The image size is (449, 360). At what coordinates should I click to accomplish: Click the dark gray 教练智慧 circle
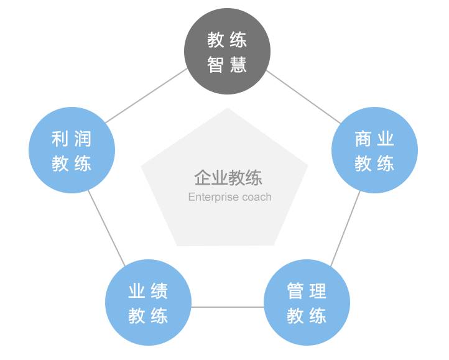(x=228, y=52)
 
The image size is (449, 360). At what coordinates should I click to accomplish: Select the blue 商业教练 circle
(x=374, y=150)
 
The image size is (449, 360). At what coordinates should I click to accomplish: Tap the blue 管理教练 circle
(x=307, y=303)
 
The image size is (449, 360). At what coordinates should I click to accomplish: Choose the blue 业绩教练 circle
(x=148, y=303)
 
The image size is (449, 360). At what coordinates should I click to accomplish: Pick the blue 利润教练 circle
(x=72, y=150)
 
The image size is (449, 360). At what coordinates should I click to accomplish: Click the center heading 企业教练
(x=228, y=178)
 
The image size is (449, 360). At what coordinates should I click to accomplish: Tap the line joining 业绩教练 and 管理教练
(x=227, y=307)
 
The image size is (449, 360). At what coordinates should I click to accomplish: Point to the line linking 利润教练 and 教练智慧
(x=147, y=94)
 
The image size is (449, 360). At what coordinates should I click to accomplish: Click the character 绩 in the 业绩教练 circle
(x=160, y=290)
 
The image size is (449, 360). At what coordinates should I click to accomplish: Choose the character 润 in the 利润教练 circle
(x=84, y=138)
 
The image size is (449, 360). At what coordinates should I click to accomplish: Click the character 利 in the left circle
(x=60, y=138)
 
